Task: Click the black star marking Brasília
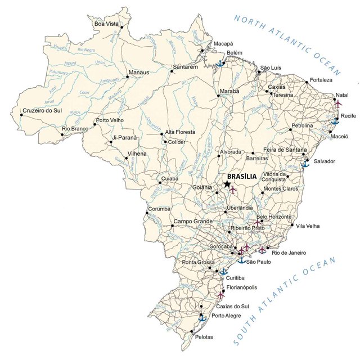pos(227,184)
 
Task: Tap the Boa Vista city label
pos(106,24)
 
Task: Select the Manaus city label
pos(139,73)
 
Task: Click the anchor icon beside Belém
pos(221,63)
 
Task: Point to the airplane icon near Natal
pos(338,103)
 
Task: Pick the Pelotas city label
pos(204,337)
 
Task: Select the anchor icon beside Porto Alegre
pos(202,318)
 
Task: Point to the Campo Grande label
pos(193,222)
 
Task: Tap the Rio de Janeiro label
pos(289,253)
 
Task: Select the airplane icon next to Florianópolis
pos(220,294)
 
